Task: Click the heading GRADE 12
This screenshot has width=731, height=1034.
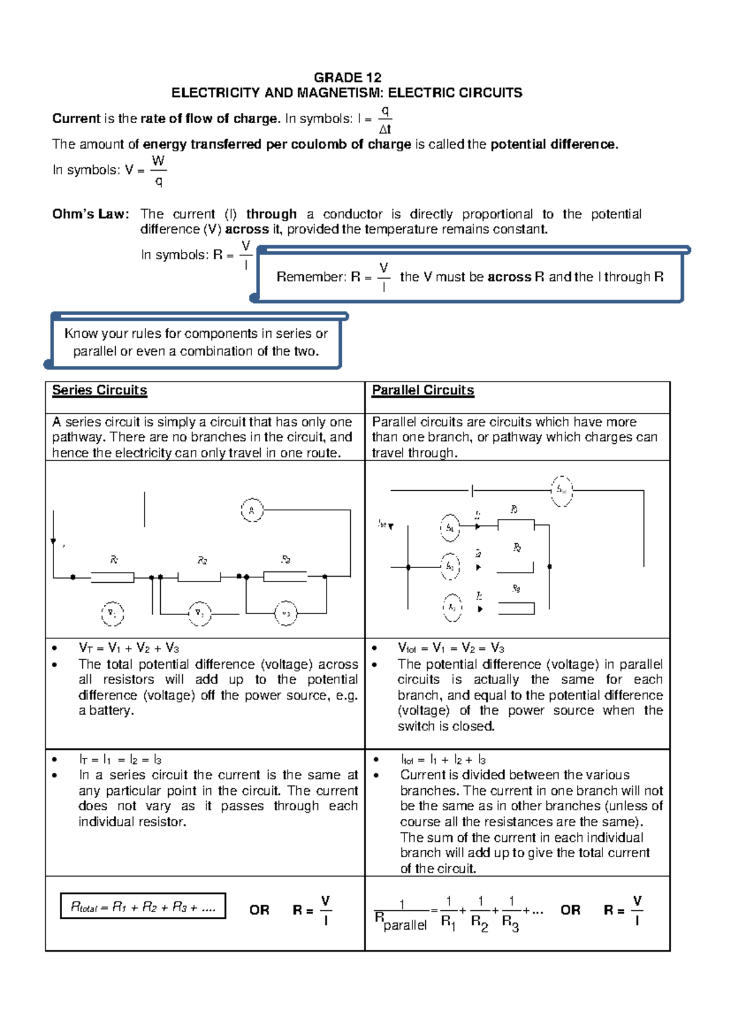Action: (347, 77)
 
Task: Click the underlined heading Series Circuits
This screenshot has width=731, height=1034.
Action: (99, 390)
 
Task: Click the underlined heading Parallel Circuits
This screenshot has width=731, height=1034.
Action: (423, 390)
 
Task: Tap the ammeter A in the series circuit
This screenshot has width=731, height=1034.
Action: (252, 510)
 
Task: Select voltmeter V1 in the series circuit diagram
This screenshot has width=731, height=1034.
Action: (112, 613)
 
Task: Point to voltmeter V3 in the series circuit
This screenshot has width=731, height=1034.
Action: (286, 613)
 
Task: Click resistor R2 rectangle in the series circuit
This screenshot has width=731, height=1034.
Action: (199, 577)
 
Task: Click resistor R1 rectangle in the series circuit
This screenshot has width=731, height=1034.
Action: (112, 577)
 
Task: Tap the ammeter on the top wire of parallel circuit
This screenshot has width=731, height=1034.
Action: (562, 490)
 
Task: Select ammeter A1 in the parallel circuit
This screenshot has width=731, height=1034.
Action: (450, 527)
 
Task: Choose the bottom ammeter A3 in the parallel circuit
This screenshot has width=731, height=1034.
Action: (452, 608)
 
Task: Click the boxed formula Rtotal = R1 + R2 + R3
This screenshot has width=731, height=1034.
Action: (143, 907)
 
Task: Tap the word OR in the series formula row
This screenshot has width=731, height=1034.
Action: (259, 910)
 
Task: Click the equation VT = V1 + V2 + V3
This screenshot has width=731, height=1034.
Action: (129, 648)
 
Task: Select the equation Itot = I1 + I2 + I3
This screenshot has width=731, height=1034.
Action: (443, 760)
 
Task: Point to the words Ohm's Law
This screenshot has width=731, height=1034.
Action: (90, 214)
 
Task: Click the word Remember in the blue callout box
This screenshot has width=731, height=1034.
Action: (311, 277)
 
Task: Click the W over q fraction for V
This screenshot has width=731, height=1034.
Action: (158, 170)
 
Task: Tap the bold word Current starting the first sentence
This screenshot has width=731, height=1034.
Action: (76, 119)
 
